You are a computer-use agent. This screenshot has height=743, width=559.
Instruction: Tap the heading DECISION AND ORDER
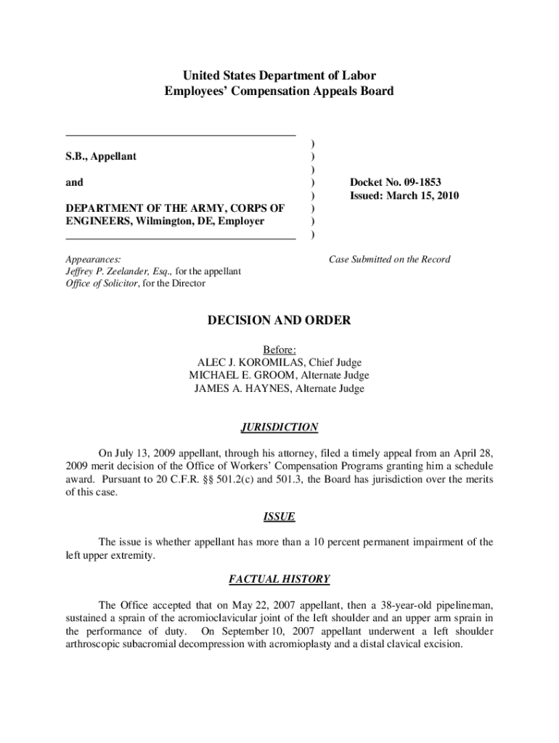pyautogui.click(x=279, y=320)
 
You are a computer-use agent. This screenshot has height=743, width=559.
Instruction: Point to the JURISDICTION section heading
pyautogui.click(x=279, y=427)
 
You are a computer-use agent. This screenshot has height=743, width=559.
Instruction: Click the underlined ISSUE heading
pyautogui.click(x=279, y=517)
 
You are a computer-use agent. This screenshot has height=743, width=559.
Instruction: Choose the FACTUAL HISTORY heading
pyautogui.click(x=279, y=579)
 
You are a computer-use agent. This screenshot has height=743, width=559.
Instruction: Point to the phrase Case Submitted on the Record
pyautogui.click(x=389, y=259)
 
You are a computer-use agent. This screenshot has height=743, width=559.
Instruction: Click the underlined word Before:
pyautogui.click(x=279, y=349)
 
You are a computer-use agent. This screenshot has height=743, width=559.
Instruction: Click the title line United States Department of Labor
pyautogui.click(x=279, y=75)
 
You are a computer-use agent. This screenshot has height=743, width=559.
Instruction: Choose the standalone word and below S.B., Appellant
pyautogui.click(x=74, y=183)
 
